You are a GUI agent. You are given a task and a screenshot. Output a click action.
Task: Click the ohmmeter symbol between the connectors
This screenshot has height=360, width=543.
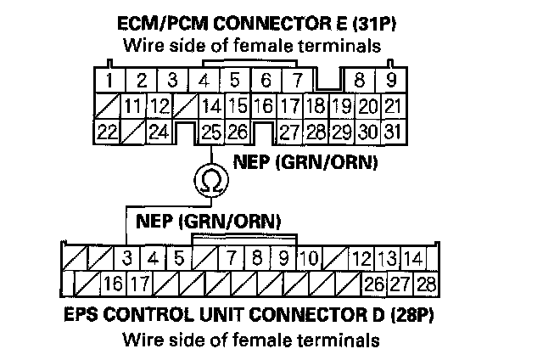(210, 180)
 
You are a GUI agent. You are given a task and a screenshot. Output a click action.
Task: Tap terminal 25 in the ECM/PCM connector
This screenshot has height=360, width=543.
(211, 132)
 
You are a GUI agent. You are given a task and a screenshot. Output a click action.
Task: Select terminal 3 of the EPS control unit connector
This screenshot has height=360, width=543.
(127, 257)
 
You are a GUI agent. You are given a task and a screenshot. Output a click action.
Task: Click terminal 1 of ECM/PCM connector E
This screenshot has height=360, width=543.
(111, 82)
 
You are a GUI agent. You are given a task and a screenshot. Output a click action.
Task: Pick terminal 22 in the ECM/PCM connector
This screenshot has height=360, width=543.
(107, 132)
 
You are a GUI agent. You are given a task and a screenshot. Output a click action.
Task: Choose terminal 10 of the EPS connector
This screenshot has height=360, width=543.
(309, 257)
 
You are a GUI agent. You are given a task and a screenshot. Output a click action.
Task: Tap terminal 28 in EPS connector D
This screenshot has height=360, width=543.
(425, 283)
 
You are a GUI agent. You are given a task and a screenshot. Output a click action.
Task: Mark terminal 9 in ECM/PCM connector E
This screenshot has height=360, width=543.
(390, 82)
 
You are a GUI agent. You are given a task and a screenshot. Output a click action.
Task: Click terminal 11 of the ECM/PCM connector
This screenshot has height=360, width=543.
(133, 107)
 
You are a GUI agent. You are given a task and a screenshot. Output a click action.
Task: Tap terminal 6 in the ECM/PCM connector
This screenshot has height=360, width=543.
(266, 82)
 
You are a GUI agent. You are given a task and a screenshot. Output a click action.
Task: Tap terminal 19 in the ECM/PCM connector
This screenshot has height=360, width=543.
(341, 107)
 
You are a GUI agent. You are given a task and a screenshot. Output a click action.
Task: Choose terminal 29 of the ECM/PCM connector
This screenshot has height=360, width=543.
(342, 132)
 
